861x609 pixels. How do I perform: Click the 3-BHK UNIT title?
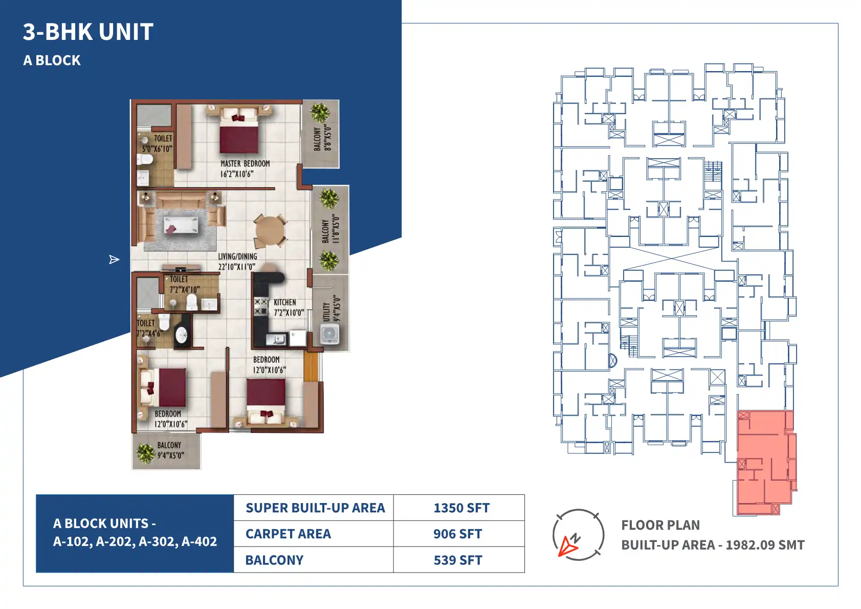coord(88,32)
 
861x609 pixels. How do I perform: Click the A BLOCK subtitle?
coord(52,60)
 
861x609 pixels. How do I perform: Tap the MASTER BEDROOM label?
coord(245,164)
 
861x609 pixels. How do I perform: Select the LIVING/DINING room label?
coord(237,256)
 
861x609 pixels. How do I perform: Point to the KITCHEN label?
coord(285,302)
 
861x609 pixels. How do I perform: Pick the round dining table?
coord(270,231)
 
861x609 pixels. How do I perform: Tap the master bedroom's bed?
coord(239,130)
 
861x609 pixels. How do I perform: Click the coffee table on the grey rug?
coord(181,225)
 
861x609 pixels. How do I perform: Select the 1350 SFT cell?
coord(459,508)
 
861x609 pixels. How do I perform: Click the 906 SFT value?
coord(457,534)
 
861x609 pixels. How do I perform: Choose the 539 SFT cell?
coord(459,560)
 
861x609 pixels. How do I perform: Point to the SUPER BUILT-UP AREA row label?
coord(315,508)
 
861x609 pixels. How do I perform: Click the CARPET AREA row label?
coord(288,534)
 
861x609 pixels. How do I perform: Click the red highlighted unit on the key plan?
coord(765,462)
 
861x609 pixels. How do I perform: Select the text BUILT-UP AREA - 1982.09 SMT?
coord(713,545)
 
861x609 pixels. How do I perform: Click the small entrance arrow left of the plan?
coord(114,260)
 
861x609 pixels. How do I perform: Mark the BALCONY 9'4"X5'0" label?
coord(170,450)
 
